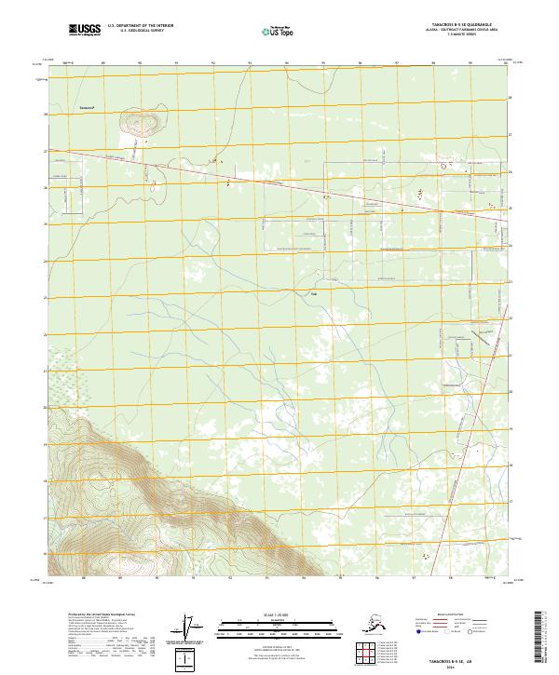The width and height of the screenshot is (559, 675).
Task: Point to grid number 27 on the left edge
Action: point(44,151)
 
